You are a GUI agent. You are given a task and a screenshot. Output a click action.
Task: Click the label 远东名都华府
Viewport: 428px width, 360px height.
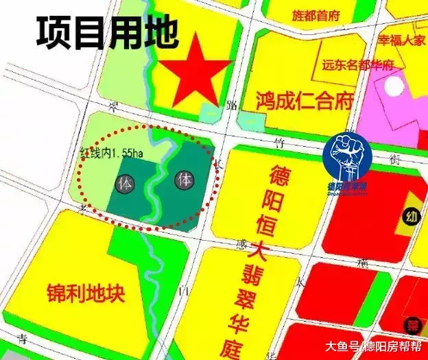358,66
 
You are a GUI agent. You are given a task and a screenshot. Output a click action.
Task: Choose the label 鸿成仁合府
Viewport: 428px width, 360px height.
305,101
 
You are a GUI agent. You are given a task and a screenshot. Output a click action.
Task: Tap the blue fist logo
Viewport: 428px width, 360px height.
348,156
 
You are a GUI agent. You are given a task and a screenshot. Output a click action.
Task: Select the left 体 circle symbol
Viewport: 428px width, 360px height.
125,184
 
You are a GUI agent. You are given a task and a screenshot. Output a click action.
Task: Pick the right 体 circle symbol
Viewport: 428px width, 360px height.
184,180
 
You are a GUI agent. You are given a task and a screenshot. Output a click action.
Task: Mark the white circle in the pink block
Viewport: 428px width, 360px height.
394,85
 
